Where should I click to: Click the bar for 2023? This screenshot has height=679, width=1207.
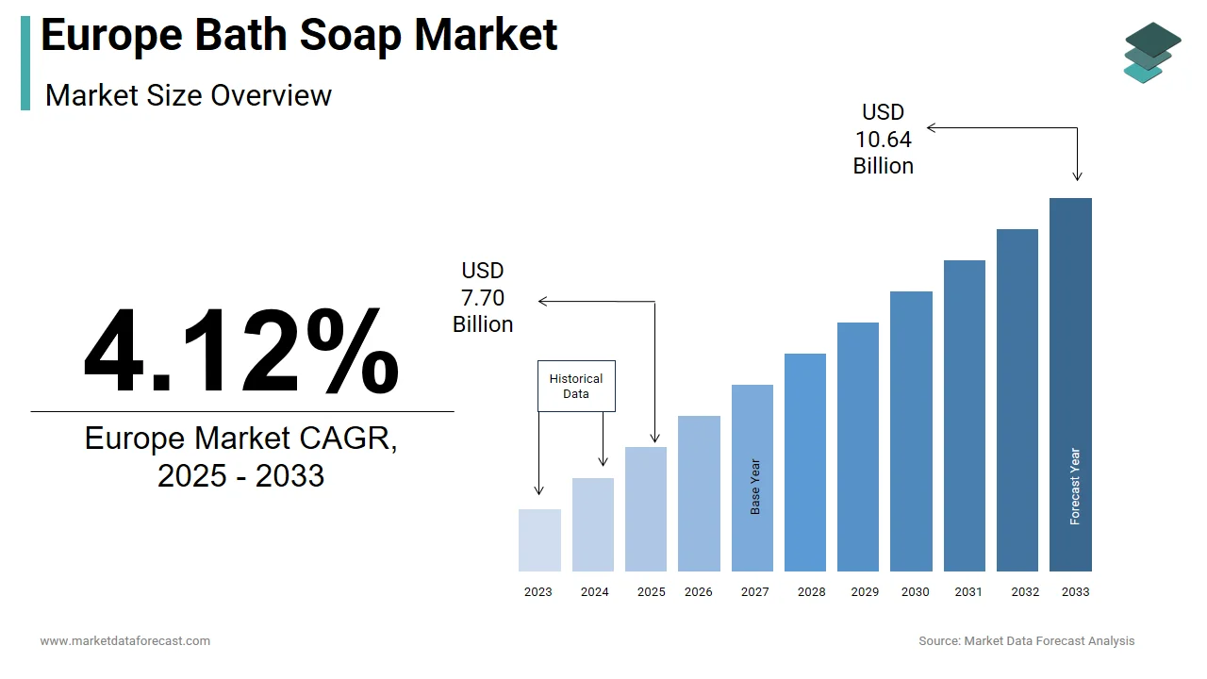pyautogui.click(x=539, y=540)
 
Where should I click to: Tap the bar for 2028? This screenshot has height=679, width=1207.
pyautogui.click(x=805, y=462)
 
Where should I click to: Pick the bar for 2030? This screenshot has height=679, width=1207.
pyautogui.click(x=911, y=431)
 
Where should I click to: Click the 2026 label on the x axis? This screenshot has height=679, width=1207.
pyautogui.click(x=699, y=592)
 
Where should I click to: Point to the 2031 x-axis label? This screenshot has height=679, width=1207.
pyautogui.click(x=967, y=592)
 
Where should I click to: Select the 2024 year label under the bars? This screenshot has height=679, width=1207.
pyautogui.click(x=595, y=592)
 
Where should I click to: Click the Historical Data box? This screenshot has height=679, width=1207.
pyautogui.click(x=576, y=386)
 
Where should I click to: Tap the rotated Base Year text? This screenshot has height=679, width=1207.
pyautogui.click(x=755, y=487)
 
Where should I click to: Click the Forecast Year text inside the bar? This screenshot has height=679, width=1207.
pyautogui.click(x=1075, y=487)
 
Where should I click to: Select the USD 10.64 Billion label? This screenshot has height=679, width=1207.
pyautogui.click(x=884, y=140)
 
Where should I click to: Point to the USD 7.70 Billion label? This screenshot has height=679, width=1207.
pyautogui.click(x=483, y=298)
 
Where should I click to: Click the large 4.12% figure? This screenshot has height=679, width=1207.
pyautogui.click(x=241, y=352)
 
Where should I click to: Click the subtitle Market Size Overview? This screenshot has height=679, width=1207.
pyautogui.click(x=189, y=95)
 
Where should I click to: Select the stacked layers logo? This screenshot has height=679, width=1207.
pyautogui.click(x=1152, y=53)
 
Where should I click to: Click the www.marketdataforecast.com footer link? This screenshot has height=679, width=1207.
pyautogui.click(x=125, y=641)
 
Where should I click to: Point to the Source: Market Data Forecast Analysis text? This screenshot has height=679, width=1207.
pyautogui.click(x=1027, y=641)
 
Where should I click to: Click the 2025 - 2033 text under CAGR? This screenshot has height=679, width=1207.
pyautogui.click(x=241, y=475)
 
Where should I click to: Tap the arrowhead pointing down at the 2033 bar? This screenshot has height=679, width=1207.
pyautogui.click(x=1077, y=176)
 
